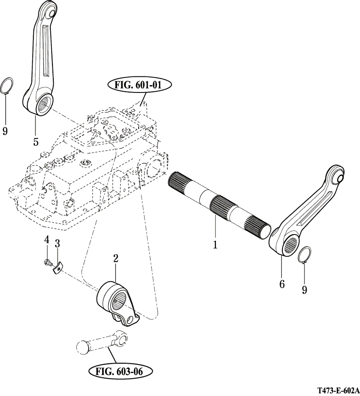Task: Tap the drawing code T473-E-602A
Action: click(338, 390)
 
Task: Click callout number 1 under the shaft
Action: click(215, 244)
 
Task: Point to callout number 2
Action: click(116, 259)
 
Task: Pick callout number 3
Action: click(57, 244)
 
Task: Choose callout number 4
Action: click(47, 240)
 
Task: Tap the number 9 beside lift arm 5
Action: click(5, 131)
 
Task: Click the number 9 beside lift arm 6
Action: click(304, 290)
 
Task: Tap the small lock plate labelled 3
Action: click(57, 268)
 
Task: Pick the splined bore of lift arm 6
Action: click(292, 247)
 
